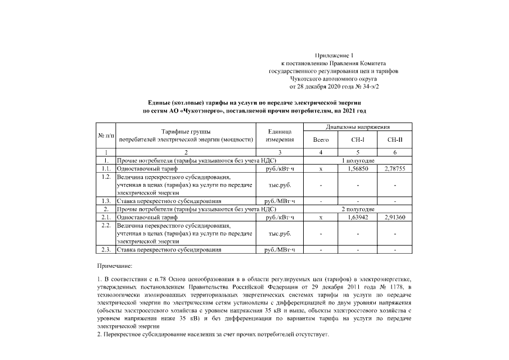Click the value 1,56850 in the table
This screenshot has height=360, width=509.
(357, 168)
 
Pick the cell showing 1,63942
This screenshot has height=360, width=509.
(357, 217)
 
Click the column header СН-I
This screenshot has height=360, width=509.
(357, 139)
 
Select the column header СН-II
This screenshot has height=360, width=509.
(395, 139)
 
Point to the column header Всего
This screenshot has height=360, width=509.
(321, 139)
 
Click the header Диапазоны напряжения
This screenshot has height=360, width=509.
(358, 127)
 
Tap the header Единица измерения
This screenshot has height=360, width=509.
(279, 135)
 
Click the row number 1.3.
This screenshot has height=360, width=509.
(105, 200)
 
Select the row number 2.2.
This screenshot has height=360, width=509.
(105, 225)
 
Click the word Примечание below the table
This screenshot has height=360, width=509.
(115, 264)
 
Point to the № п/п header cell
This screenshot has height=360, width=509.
(105, 135)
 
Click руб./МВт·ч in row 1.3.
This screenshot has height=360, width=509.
(279, 200)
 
